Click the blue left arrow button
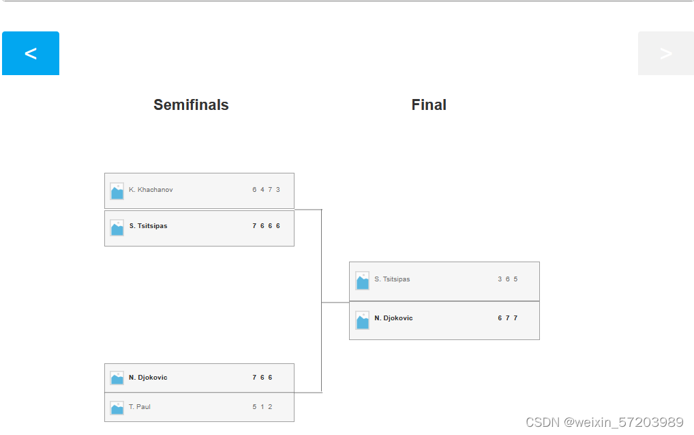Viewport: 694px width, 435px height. (x=31, y=53)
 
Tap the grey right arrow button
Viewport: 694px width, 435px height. (x=665, y=53)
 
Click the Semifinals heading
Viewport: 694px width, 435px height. (x=191, y=105)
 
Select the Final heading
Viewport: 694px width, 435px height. (x=429, y=105)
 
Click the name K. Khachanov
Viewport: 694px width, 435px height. (x=151, y=190)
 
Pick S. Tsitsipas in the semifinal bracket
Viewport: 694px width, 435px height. (x=148, y=226)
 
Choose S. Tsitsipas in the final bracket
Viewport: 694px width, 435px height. (x=392, y=279)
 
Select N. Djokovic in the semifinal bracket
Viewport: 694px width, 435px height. (x=148, y=378)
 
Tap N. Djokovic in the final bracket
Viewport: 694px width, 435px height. (x=393, y=318)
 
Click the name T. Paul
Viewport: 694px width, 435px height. (x=140, y=407)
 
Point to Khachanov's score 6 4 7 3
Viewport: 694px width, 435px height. (x=266, y=190)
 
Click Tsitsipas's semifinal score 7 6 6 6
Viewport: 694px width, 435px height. (x=266, y=226)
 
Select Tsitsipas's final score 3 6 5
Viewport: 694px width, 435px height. (x=508, y=279)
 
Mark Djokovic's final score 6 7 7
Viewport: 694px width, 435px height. (x=508, y=318)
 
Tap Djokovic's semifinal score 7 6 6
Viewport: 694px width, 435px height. (x=262, y=378)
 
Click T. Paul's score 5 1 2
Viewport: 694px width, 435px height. (x=262, y=407)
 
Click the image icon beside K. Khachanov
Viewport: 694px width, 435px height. (x=117, y=191)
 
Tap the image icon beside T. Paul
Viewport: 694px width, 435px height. (x=117, y=408)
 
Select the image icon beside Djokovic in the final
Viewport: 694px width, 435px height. (x=363, y=320)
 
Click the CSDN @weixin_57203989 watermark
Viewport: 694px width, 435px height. (x=604, y=422)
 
